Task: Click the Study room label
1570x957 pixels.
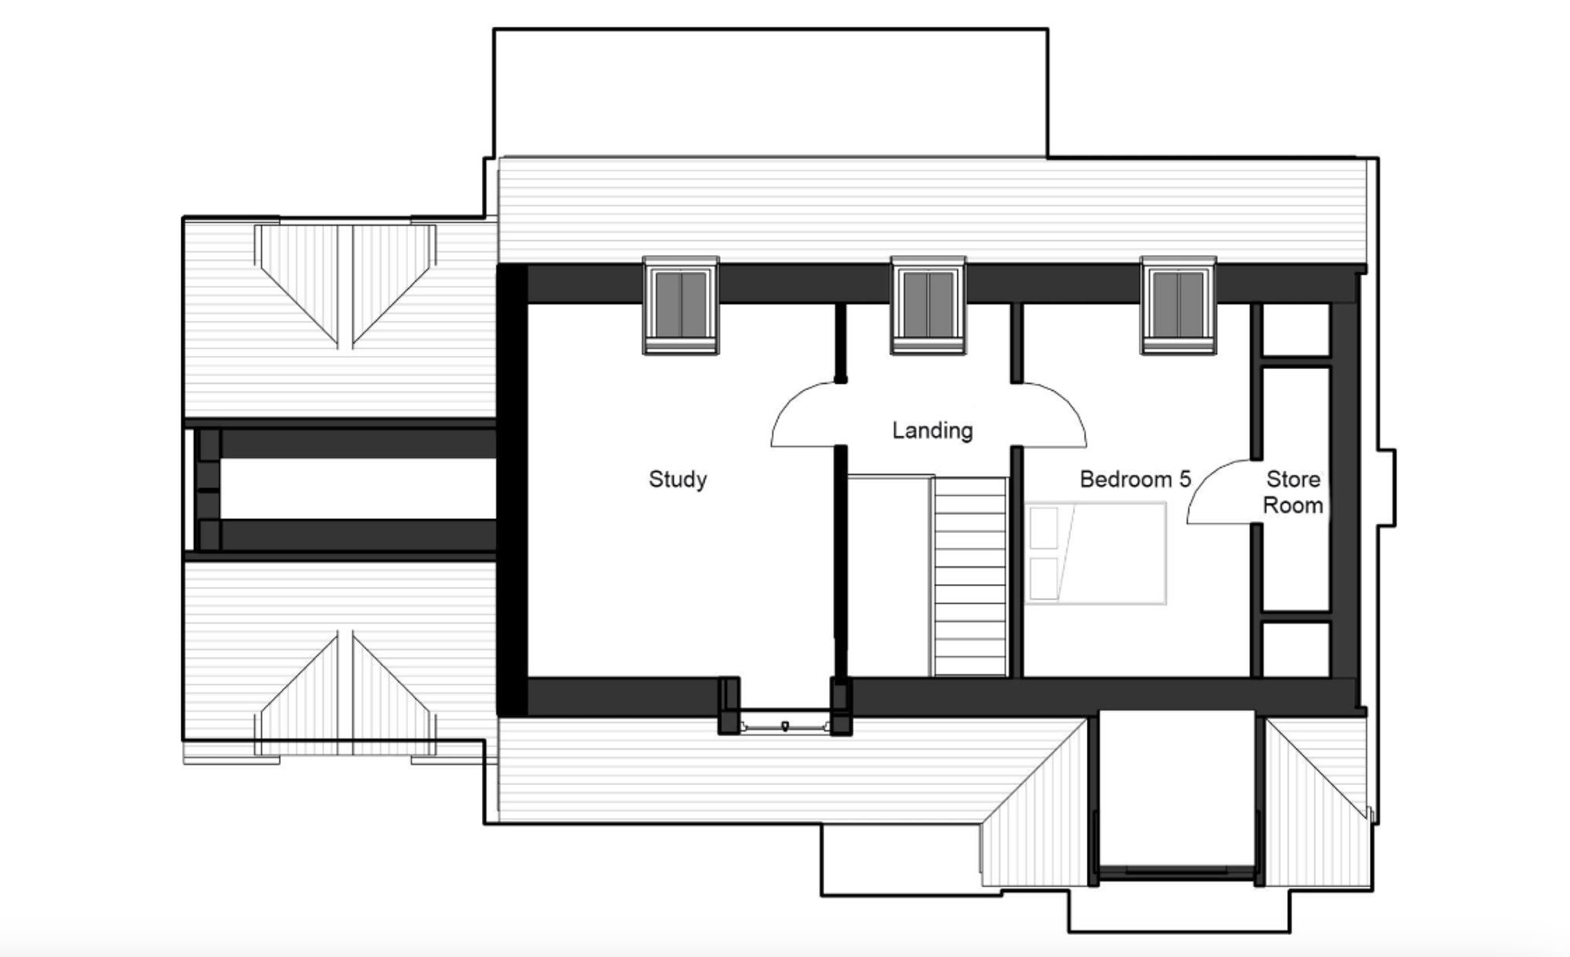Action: pyautogui.click(x=677, y=479)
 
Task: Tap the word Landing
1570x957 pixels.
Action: pyautogui.click(x=933, y=430)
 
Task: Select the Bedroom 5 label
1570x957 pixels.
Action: pyautogui.click(x=1135, y=479)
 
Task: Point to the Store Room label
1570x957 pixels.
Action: pyautogui.click(x=1293, y=492)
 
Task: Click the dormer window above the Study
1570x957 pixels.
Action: pyautogui.click(x=681, y=305)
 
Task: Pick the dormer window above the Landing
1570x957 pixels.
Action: pyautogui.click(x=928, y=305)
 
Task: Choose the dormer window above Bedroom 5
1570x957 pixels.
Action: pyautogui.click(x=1178, y=305)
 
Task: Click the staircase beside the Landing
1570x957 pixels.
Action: pyautogui.click(x=969, y=576)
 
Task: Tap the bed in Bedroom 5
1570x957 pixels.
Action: pyautogui.click(x=1096, y=553)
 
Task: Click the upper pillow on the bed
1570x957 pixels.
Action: pyautogui.click(x=1044, y=528)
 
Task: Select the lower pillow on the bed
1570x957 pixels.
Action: pyautogui.click(x=1044, y=578)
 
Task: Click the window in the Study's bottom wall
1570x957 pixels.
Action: pyautogui.click(x=785, y=724)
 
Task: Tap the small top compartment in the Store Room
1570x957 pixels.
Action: pyautogui.click(x=1295, y=330)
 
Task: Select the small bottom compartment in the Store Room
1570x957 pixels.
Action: pyautogui.click(x=1295, y=649)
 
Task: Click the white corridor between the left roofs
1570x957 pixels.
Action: pyautogui.click(x=358, y=489)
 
